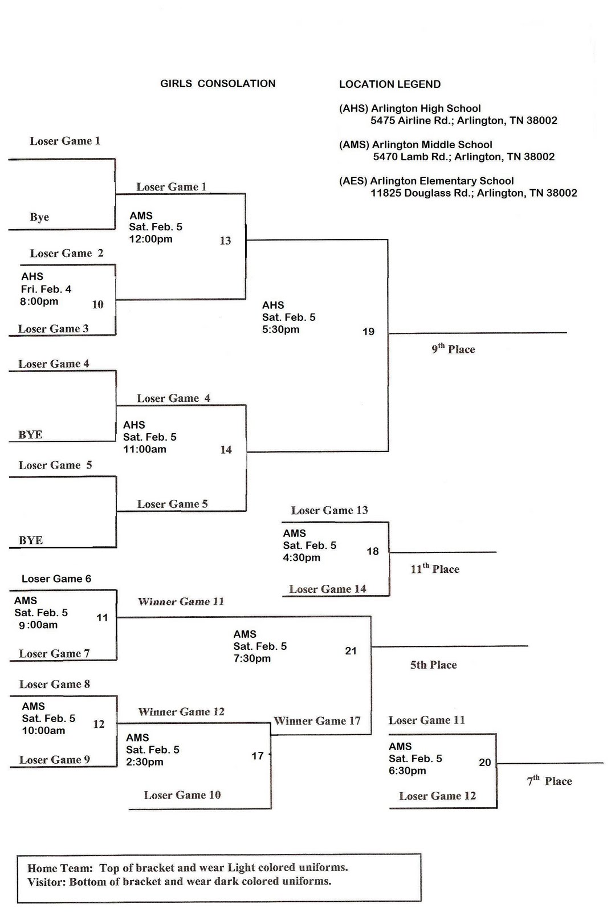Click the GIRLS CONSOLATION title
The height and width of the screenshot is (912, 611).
coord(218,84)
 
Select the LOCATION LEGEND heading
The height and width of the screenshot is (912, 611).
coord(390,84)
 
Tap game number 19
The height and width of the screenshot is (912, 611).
coord(368,332)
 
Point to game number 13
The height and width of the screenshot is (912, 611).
coord(225,241)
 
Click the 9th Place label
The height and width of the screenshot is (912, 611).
coord(453,349)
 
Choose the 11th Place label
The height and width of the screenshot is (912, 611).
coord(435,569)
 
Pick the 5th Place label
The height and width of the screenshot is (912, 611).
coord(433,665)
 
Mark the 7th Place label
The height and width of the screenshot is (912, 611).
coord(549,781)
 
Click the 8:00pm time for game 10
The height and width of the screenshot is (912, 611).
coord(39,302)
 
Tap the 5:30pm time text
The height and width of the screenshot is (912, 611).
coord(280,329)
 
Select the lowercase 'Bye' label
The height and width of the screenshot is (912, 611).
coord(39,217)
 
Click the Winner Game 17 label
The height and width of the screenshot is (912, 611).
coord(317,721)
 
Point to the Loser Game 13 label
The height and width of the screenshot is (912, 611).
coord(329,511)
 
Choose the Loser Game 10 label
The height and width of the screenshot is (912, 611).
coord(182,795)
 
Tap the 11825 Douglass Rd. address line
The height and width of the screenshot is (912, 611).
coord(474,193)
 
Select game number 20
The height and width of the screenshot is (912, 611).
coord(484,763)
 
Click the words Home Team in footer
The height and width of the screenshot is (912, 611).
coord(60,868)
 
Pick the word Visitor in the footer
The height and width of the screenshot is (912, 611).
coord(46,882)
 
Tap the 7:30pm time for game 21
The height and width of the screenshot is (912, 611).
coord(252,659)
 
